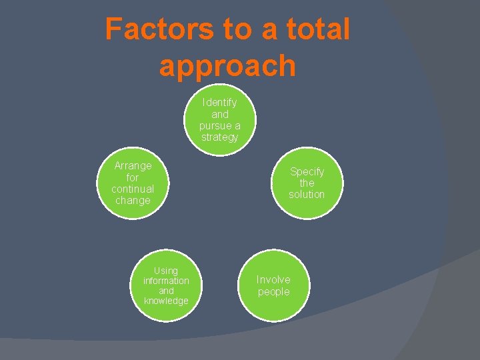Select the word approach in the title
(227, 66)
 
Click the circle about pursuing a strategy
(219, 120)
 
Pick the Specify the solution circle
(307, 183)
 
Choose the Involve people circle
(273, 285)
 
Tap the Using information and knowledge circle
(166, 285)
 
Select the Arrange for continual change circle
(133, 183)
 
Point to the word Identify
(219, 103)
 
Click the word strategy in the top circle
(219, 137)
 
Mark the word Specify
(307, 171)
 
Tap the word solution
(307, 194)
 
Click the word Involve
(273, 279)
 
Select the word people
(273, 292)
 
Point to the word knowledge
(166, 301)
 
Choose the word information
(166, 281)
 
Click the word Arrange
(133, 165)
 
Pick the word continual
(133, 189)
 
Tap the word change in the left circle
(133, 200)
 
